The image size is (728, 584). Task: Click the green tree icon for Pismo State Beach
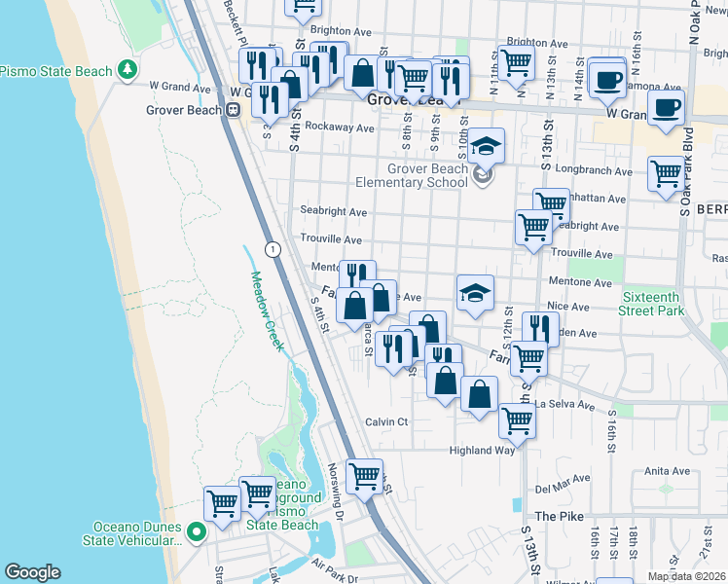(127, 70)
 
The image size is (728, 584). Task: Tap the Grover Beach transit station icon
(233, 110)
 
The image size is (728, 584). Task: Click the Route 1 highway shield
(273, 249)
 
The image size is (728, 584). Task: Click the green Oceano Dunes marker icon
(196, 532)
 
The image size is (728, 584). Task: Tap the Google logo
(32, 572)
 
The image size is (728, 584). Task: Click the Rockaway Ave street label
(339, 128)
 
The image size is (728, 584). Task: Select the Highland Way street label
(481, 451)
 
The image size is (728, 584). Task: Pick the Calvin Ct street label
(385, 421)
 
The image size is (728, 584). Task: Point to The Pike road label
(559, 516)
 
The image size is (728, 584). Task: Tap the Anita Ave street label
(667, 471)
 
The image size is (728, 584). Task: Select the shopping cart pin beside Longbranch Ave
(666, 174)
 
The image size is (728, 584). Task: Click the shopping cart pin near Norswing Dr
(364, 476)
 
